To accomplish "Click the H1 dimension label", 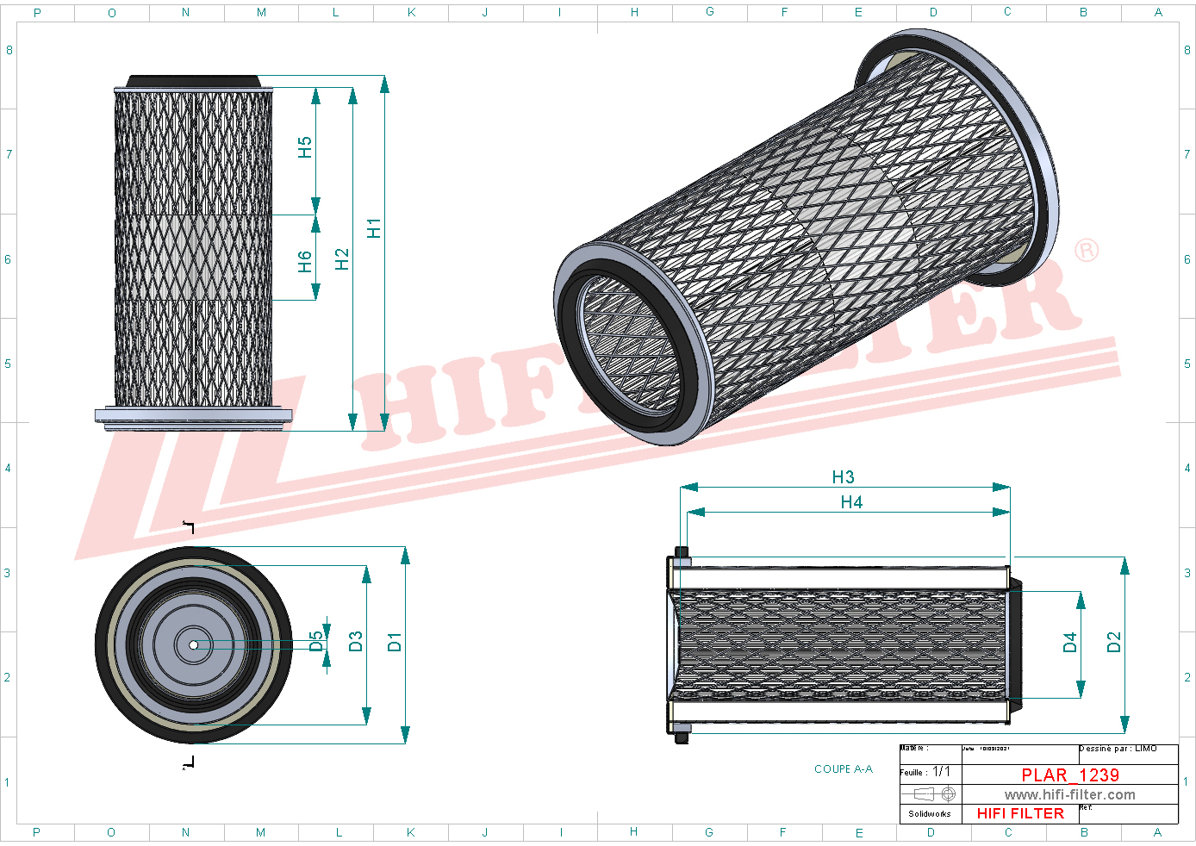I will (x=373, y=228).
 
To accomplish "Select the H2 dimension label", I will (x=342, y=259).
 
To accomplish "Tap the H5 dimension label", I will (x=304, y=147).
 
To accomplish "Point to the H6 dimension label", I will (x=304, y=262).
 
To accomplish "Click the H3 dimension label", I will (x=843, y=477).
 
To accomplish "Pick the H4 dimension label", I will (x=851, y=502).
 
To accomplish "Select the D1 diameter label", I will (x=395, y=642).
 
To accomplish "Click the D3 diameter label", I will (x=356, y=642).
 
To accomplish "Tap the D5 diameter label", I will (x=316, y=642).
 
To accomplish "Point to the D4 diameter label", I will (x=1070, y=643).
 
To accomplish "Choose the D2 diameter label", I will (x=1114, y=643).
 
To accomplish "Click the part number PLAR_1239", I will (x=1070, y=775).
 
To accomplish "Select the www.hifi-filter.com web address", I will (x=1069, y=795).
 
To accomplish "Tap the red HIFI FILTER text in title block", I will (x=1020, y=813).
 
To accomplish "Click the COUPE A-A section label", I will (x=843, y=769).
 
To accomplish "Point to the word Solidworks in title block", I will (x=930, y=814).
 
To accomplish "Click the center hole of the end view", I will (x=194, y=644).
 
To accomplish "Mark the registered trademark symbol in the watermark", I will (x=1087, y=251).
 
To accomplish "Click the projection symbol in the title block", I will (x=935, y=794).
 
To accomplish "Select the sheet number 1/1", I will (x=941, y=772).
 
